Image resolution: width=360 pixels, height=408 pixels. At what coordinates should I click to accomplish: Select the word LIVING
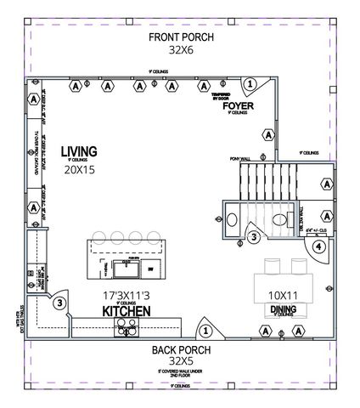(x=78, y=152)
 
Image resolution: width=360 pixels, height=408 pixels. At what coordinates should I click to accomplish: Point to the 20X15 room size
(x=78, y=169)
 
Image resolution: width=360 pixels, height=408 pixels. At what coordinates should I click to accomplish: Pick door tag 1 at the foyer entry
(x=251, y=84)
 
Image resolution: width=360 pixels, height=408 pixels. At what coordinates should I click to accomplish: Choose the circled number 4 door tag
(x=318, y=248)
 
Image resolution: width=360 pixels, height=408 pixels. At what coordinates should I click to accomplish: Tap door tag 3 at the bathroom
(x=254, y=239)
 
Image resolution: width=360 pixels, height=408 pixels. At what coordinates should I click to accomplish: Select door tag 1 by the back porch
(x=205, y=330)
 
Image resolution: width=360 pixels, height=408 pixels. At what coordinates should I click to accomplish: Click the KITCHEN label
(x=127, y=312)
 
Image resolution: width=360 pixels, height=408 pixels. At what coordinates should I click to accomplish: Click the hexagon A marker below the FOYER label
(x=267, y=134)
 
